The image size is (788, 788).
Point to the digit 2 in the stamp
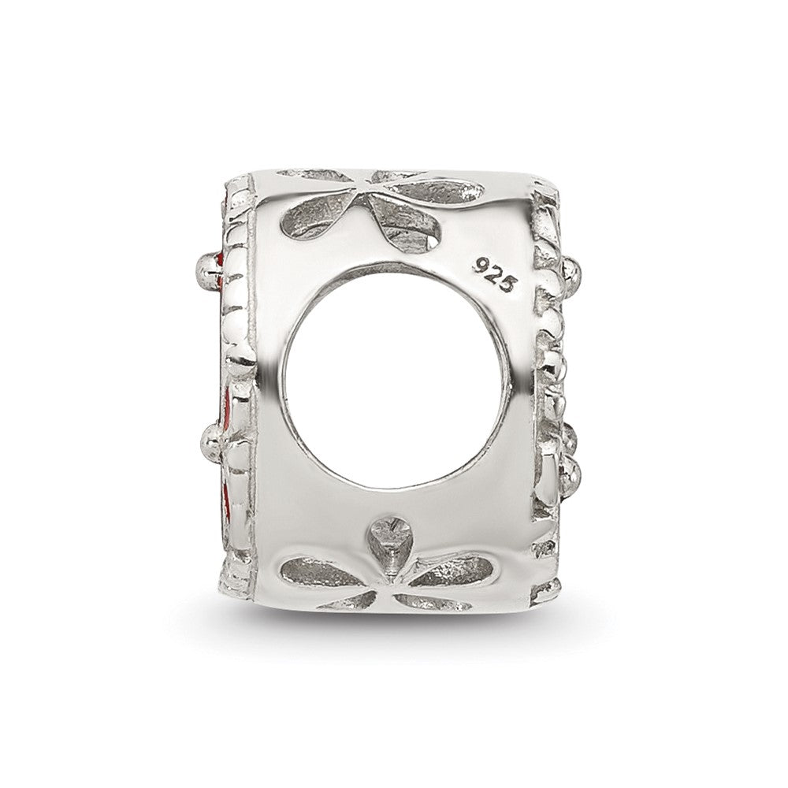pyautogui.click(x=495, y=274)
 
